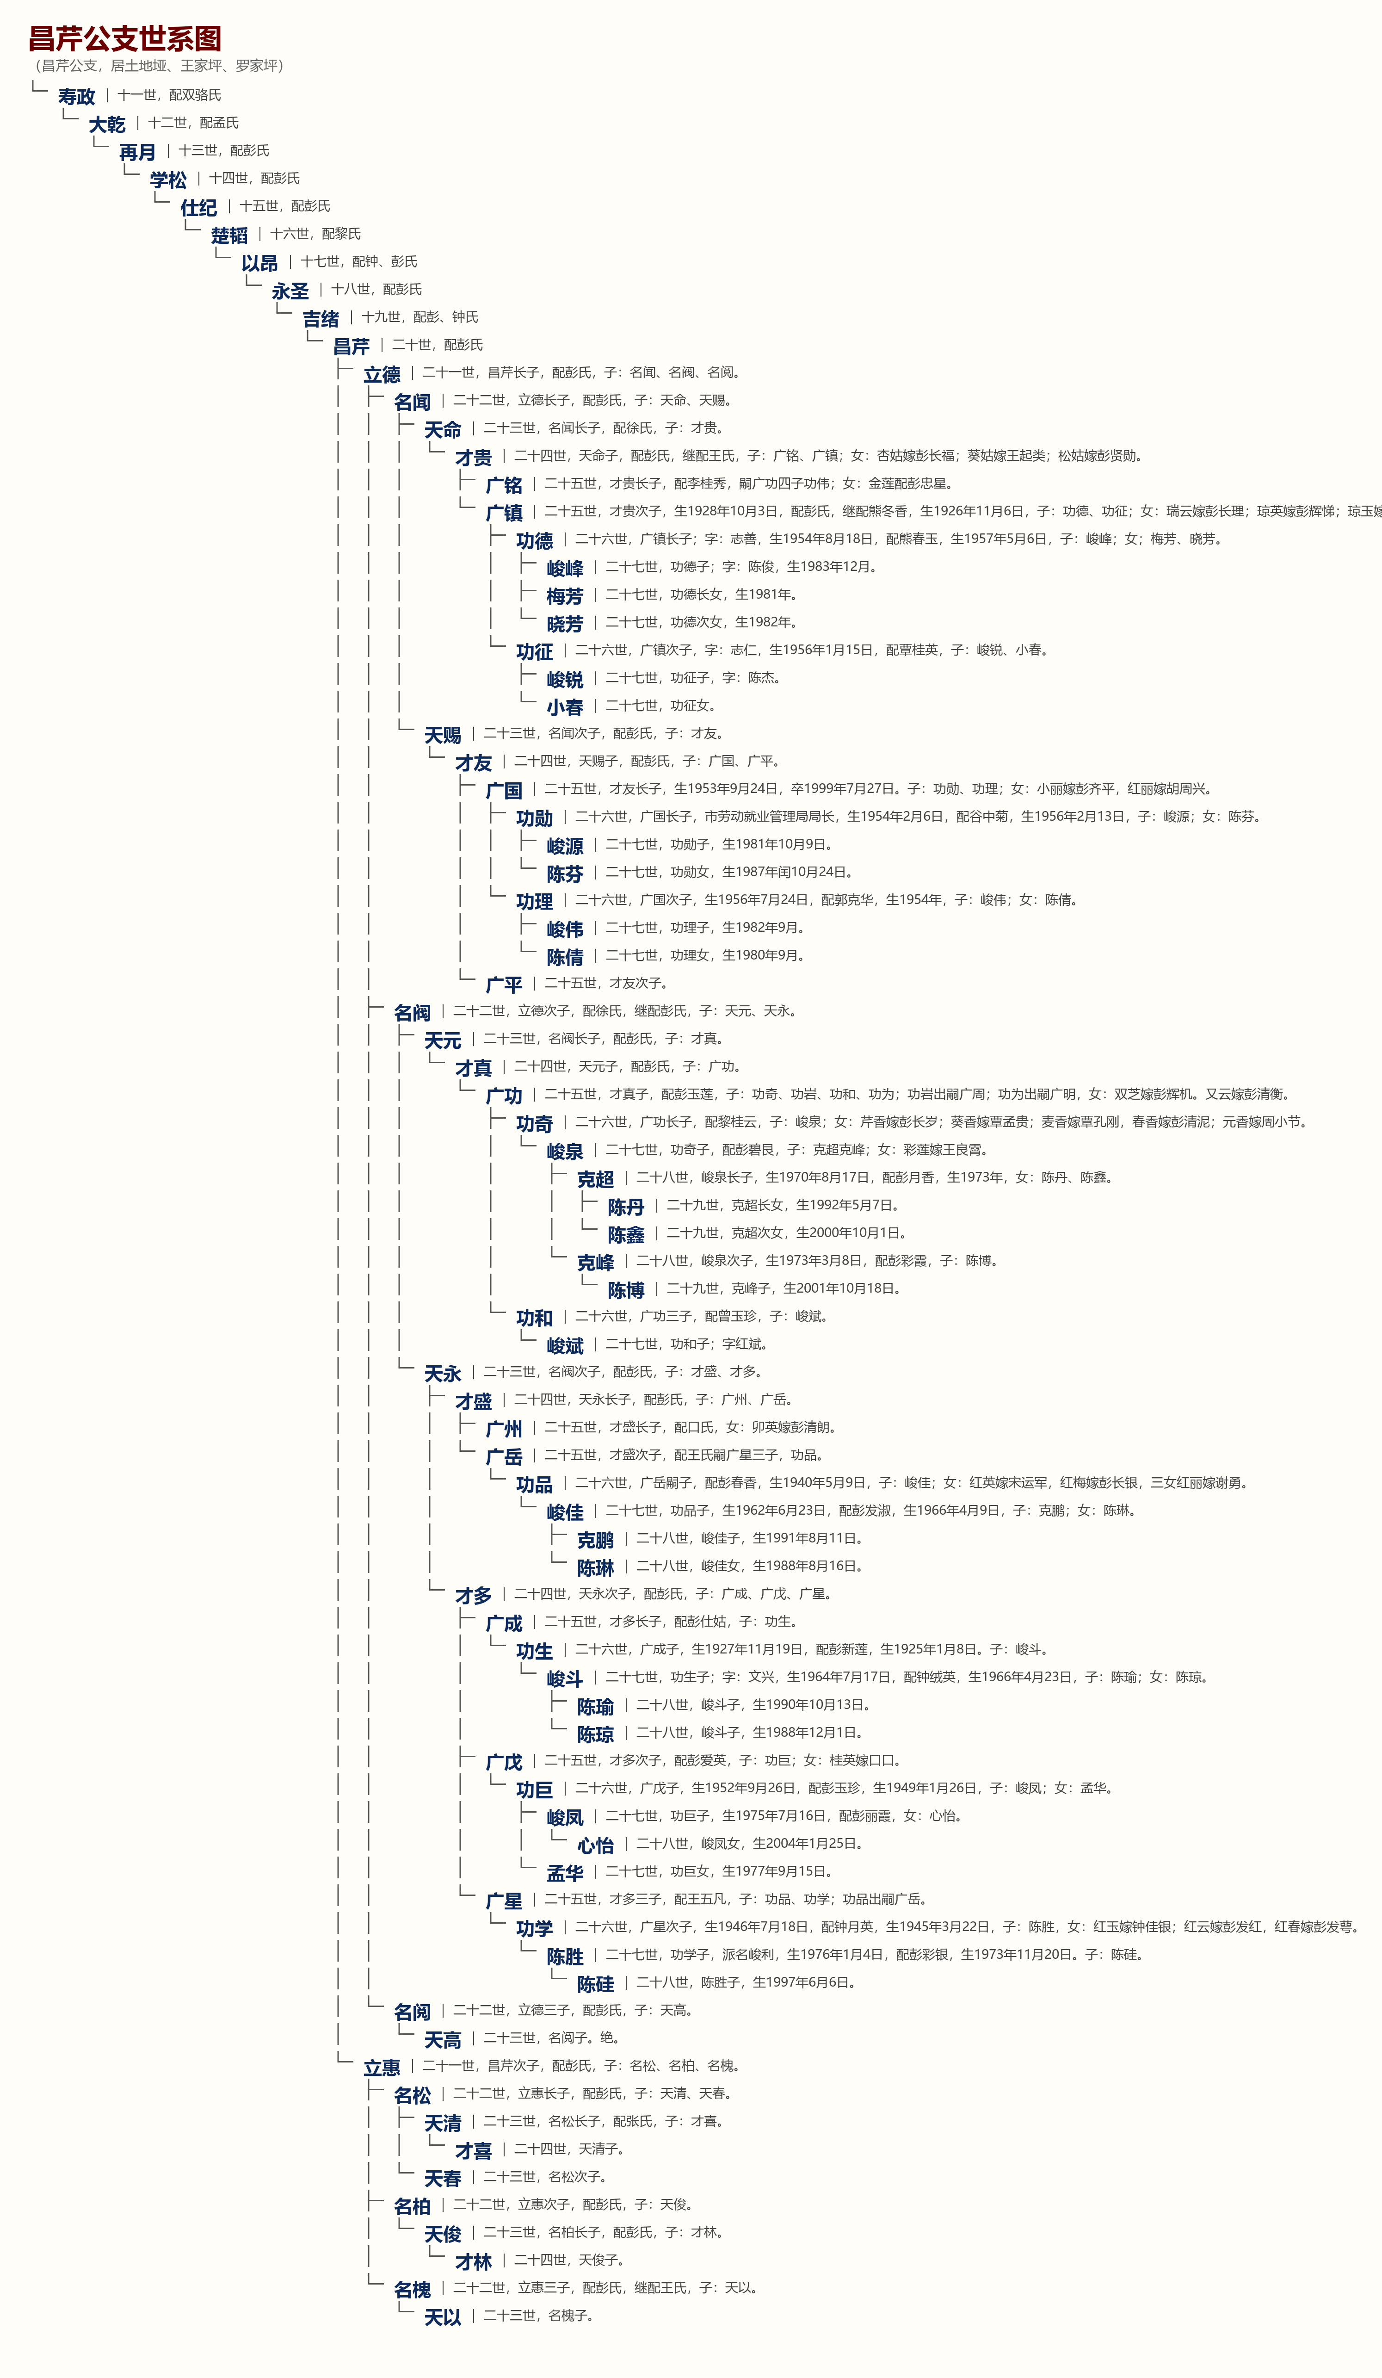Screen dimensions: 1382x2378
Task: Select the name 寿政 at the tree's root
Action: pos(76,96)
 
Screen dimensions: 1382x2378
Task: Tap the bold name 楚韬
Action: pos(229,235)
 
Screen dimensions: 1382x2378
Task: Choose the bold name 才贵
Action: pos(474,458)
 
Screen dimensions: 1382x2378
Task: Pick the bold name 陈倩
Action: pos(565,957)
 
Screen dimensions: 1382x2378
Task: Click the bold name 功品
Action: pos(534,1484)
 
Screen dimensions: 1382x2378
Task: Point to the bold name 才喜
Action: pos(474,2150)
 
